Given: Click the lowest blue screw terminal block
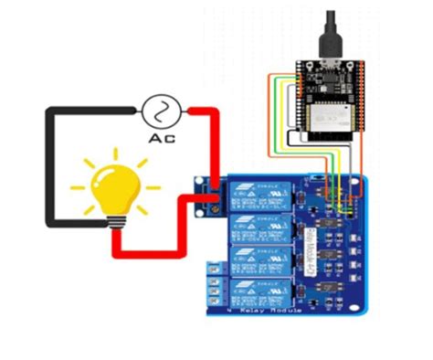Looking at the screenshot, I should pyautogui.click(x=213, y=291).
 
